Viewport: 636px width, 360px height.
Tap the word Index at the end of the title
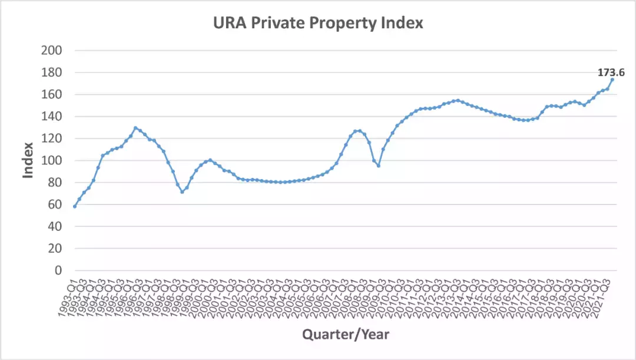pos(403,24)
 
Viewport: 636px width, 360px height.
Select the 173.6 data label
pos(611,72)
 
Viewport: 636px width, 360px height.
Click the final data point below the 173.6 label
pos(612,80)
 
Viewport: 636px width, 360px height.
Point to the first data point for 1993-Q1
pos(75,206)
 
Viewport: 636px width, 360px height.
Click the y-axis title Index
pos(28,160)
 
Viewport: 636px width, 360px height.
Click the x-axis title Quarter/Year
pos(346,335)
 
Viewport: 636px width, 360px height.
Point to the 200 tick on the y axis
pos(52,51)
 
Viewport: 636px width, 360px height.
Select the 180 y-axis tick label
pos(52,72)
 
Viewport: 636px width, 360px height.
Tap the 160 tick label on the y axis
pos(52,94)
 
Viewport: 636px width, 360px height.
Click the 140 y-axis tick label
pos(52,117)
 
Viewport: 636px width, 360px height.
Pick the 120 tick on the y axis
pos(52,138)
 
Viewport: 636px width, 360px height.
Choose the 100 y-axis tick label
pos(52,161)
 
